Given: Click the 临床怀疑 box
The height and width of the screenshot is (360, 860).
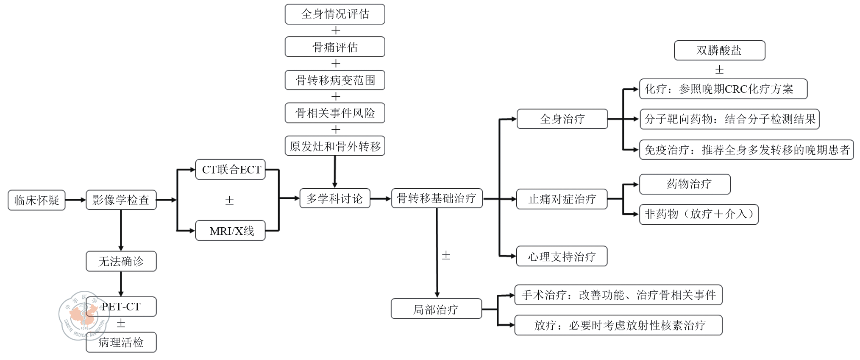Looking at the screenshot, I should tap(36, 200).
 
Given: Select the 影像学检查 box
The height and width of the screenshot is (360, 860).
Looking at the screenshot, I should tap(121, 200).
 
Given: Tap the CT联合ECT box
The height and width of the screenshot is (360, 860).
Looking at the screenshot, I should tap(231, 170).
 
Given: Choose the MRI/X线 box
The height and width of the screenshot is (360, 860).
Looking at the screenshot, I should tap(231, 231).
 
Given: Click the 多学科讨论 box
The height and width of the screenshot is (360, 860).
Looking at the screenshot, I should tap(335, 198).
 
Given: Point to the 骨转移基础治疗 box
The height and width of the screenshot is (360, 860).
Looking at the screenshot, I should tap(437, 198).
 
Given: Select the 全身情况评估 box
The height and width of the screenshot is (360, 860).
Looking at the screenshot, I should tap(335, 14).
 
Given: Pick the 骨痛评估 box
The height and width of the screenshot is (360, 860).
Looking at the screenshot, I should tap(335, 47).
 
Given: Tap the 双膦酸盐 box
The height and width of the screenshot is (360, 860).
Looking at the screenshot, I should tap(719, 50).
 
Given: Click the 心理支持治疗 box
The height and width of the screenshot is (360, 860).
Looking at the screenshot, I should tap(562, 256).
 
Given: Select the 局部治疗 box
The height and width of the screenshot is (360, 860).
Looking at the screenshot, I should tap(436, 309).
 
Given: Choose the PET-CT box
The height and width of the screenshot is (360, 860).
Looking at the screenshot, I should tap(121, 307).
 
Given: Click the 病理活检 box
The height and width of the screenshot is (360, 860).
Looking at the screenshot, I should tap(121, 342).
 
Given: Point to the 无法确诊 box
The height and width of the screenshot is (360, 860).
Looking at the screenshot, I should tap(121, 261).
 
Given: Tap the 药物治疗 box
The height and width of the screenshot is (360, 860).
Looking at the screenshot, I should tap(685, 184).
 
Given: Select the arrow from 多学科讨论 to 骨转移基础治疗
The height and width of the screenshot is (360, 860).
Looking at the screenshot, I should tap(381, 198).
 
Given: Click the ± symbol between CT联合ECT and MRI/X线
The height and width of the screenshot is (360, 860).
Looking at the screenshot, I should tap(229, 201).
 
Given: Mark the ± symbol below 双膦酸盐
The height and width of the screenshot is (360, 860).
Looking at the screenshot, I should tap(719, 70).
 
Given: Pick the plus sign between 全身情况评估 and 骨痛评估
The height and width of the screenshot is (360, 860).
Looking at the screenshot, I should tap(336, 31).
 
